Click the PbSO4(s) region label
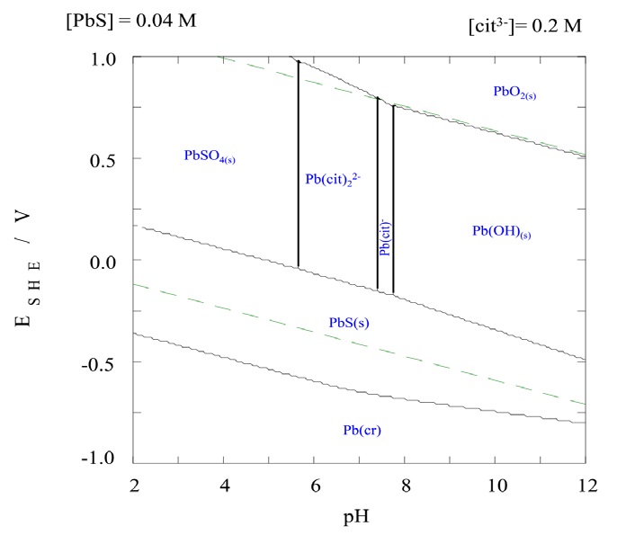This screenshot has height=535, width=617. point(215,156)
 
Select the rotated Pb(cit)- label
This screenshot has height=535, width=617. point(385,238)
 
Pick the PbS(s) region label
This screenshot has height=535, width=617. point(351,323)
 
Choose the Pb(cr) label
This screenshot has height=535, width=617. point(362,430)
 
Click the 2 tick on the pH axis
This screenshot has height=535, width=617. point(134,485)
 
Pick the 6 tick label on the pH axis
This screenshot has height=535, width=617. point(315,485)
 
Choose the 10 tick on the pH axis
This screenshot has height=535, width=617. point(495,485)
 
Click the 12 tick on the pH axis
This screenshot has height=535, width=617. point(586,485)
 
